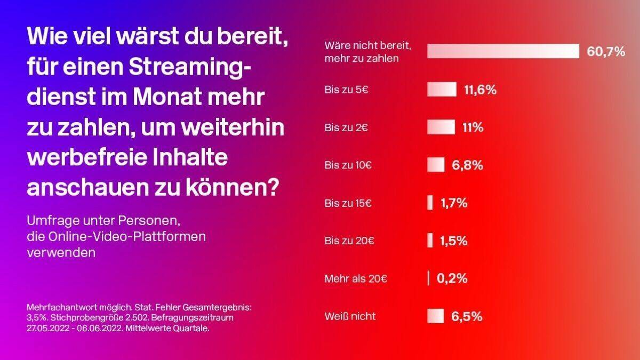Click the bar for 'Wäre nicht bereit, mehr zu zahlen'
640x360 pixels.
click(503, 51)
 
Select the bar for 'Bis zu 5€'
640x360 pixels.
click(442, 90)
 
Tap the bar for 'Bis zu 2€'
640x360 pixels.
click(441, 127)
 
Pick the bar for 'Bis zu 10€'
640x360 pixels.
click(436, 165)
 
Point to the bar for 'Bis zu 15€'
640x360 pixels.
click(430, 203)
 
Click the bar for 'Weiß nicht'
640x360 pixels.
click(435, 316)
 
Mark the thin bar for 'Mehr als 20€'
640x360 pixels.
click(428, 278)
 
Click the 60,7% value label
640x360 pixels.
click(605, 52)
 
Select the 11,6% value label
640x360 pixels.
click(480, 90)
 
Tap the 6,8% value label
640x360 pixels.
click(467, 165)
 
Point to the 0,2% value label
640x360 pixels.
click(452, 278)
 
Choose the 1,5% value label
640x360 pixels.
click(453, 241)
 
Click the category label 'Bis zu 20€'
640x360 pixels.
click(349, 241)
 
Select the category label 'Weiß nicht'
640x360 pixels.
click(350, 316)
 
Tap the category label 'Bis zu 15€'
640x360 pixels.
click(349, 203)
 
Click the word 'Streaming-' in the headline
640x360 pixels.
click(190, 69)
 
